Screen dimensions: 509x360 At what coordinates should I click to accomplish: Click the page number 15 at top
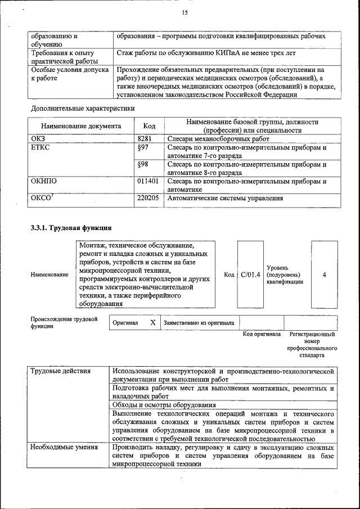[184, 13]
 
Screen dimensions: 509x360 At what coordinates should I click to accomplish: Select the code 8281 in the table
[145, 138]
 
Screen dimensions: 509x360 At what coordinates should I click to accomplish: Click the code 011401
[147, 182]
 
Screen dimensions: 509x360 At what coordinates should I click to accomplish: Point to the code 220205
[147, 199]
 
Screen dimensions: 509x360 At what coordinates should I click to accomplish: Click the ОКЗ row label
[38, 138]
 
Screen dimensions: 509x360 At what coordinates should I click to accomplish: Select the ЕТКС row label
[41, 147]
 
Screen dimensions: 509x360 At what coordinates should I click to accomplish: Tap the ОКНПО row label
[44, 182]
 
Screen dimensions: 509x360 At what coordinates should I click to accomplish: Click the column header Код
[149, 126]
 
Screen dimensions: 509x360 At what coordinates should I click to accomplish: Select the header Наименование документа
[81, 127]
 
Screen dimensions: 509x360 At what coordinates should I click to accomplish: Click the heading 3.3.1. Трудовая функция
[71, 228]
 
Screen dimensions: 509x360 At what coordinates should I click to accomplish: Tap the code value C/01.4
[250, 274]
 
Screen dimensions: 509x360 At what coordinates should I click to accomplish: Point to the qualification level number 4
[325, 274]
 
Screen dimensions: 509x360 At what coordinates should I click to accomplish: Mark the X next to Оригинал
[152, 323]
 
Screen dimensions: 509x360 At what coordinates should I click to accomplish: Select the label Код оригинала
[262, 334]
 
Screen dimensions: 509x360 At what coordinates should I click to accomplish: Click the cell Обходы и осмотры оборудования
[164, 405]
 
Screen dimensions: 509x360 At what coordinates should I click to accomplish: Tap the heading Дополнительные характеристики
[82, 108]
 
